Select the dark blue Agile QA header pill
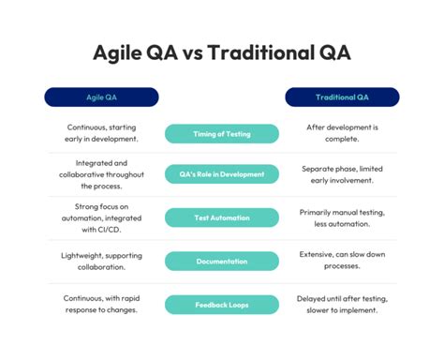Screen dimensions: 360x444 [101, 97]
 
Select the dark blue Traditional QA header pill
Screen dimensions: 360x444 [342, 97]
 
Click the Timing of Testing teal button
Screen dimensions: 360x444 [221, 134]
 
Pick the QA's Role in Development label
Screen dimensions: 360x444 [221, 174]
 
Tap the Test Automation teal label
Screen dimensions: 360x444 [221, 217]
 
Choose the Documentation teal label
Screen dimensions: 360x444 [221, 262]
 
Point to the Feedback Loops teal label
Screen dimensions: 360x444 [221, 305]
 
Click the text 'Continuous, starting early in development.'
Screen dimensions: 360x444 [104, 133]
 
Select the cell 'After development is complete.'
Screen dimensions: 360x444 [341, 133]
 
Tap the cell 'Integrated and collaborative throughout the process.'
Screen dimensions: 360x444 [104, 174]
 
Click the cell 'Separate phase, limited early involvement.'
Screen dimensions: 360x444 [341, 174]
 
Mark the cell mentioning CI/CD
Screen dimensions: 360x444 [104, 217]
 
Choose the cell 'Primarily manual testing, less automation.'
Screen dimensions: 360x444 [341, 217]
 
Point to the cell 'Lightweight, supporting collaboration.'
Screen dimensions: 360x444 [104, 261]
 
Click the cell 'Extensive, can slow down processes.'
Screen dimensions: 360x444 [341, 261]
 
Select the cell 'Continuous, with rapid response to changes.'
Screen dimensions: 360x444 [104, 305]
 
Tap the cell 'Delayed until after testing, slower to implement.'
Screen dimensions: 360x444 [341, 305]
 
